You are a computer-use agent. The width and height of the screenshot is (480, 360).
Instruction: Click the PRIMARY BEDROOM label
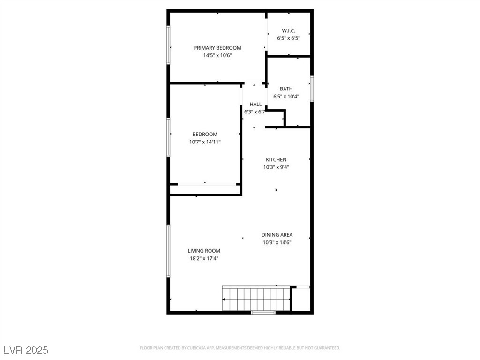[x=217, y=48]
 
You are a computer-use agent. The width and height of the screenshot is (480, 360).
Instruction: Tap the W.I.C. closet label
[x=288, y=31]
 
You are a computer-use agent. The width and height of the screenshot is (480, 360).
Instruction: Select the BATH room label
[x=286, y=89]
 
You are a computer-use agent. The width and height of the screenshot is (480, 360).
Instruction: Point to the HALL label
[x=255, y=105]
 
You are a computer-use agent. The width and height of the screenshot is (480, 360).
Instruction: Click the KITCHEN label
[x=276, y=160]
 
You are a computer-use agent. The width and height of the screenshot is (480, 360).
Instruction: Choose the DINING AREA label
[x=277, y=235]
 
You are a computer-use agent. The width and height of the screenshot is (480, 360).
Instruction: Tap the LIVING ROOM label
[x=204, y=251]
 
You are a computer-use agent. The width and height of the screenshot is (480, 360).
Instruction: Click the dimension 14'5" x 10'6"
[x=217, y=55]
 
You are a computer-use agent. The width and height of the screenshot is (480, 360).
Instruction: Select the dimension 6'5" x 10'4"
[x=286, y=97]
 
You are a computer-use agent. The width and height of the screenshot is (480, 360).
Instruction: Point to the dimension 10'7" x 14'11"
[x=205, y=142]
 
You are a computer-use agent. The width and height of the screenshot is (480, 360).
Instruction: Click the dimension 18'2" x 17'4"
[x=204, y=258]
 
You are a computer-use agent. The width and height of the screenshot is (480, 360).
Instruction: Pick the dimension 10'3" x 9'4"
[x=276, y=167]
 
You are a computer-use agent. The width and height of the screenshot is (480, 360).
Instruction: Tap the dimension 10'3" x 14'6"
[x=277, y=242]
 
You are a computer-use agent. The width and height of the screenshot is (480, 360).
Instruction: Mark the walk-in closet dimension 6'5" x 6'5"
[x=288, y=38]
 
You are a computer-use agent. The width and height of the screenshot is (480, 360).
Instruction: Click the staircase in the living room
[x=256, y=299]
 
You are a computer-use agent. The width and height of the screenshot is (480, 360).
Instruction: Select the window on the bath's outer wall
[x=312, y=89]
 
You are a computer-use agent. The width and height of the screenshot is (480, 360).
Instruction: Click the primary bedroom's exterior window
[x=168, y=45]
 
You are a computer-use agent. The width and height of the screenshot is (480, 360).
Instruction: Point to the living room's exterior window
[x=168, y=251]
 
